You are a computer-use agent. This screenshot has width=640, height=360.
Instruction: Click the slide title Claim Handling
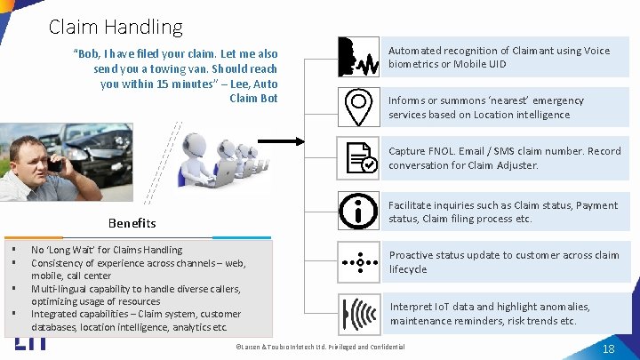(116, 28)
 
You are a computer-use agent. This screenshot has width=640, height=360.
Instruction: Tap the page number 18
(608, 348)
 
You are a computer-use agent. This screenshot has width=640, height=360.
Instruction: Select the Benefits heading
(132, 223)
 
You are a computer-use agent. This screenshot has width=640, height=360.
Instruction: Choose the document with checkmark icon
(359, 156)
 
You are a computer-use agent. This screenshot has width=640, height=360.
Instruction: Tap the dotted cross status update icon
(359, 261)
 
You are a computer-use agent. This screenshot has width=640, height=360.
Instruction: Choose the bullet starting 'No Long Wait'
(107, 250)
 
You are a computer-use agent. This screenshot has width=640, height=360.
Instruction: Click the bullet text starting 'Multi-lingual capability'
(132, 289)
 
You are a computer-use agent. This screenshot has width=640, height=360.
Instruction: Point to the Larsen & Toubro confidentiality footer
(320, 347)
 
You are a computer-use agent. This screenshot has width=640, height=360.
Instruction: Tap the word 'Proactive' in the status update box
(412, 255)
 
